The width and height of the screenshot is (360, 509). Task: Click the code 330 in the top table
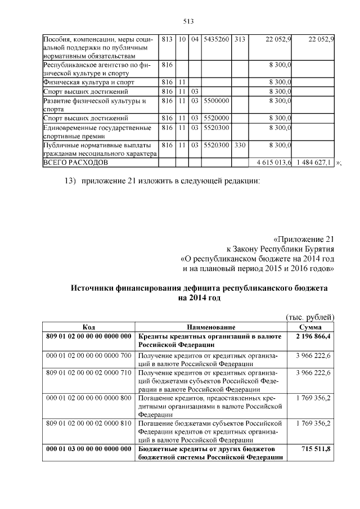(240, 145)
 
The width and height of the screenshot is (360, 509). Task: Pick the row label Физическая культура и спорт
(83, 82)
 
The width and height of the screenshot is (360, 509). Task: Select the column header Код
(88, 327)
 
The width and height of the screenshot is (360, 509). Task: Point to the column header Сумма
(310, 327)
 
